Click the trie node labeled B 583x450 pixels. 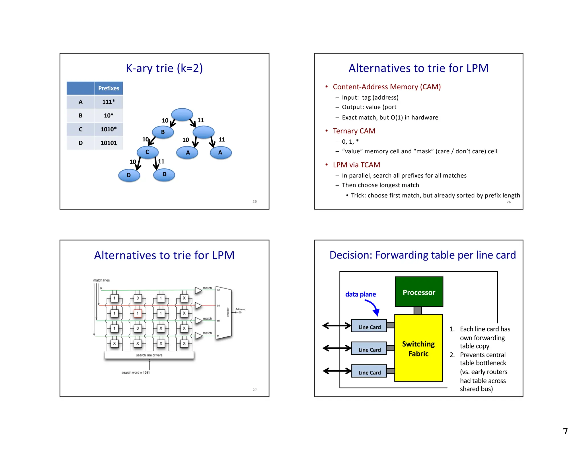[x=163, y=132]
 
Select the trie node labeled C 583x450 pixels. [x=147, y=152]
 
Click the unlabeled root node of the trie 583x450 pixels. [x=182, y=114]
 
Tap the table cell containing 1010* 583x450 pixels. [x=108, y=129]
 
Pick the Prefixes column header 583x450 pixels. [x=108, y=88]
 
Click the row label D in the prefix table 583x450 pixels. [x=81, y=143]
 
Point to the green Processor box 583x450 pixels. [x=419, y=292]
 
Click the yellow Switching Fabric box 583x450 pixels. [x=418, y=348]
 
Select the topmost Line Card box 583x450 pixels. [x=369, y=326]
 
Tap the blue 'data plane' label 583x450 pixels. [x=360, y=294]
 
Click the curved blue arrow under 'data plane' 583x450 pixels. [x=373, y=307]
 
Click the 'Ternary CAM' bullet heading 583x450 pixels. [x=354, y=131]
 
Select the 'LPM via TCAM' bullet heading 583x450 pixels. [x=356, y=165]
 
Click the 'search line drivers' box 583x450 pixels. [x=149, y=355]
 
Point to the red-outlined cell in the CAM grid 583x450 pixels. [x=137, y=313]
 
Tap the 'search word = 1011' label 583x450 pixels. [x=136, y=372]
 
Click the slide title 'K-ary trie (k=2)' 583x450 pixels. [x=164, y=68]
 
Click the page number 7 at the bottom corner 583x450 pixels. [x=565, y=431]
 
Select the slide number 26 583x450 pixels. [x=508, y=202]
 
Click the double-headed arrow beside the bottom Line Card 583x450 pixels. [x=337, y=371]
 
